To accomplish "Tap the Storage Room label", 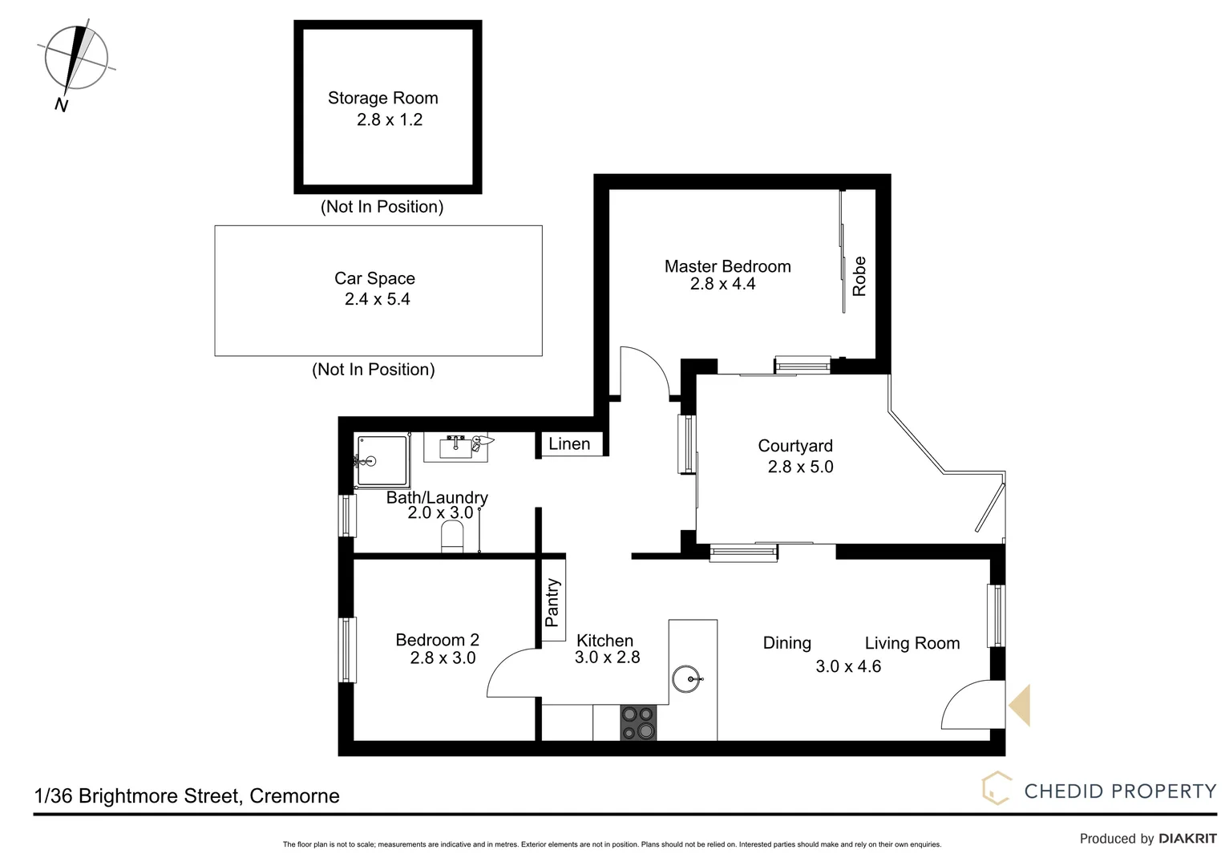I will [382, 99].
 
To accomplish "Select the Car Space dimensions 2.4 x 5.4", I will [377, 300].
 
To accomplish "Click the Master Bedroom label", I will [727, 266].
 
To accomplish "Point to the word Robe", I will [859, 276].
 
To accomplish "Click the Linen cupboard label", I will [569, 444].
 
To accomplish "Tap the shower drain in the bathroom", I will [370, 462].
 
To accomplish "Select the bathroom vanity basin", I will [455, 446].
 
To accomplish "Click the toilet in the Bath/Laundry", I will [453, 537].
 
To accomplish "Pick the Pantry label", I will [552, 602].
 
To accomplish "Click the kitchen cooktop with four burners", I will [638, 722].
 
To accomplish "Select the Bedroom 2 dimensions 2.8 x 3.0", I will [443, 658].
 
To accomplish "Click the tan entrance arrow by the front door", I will [1020, 706].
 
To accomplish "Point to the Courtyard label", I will [795, 446].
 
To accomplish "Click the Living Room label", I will [912, 643].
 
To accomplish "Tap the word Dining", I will [786, 643].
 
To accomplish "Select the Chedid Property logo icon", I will [997, 788].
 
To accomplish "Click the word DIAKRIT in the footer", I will [1187, 839].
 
